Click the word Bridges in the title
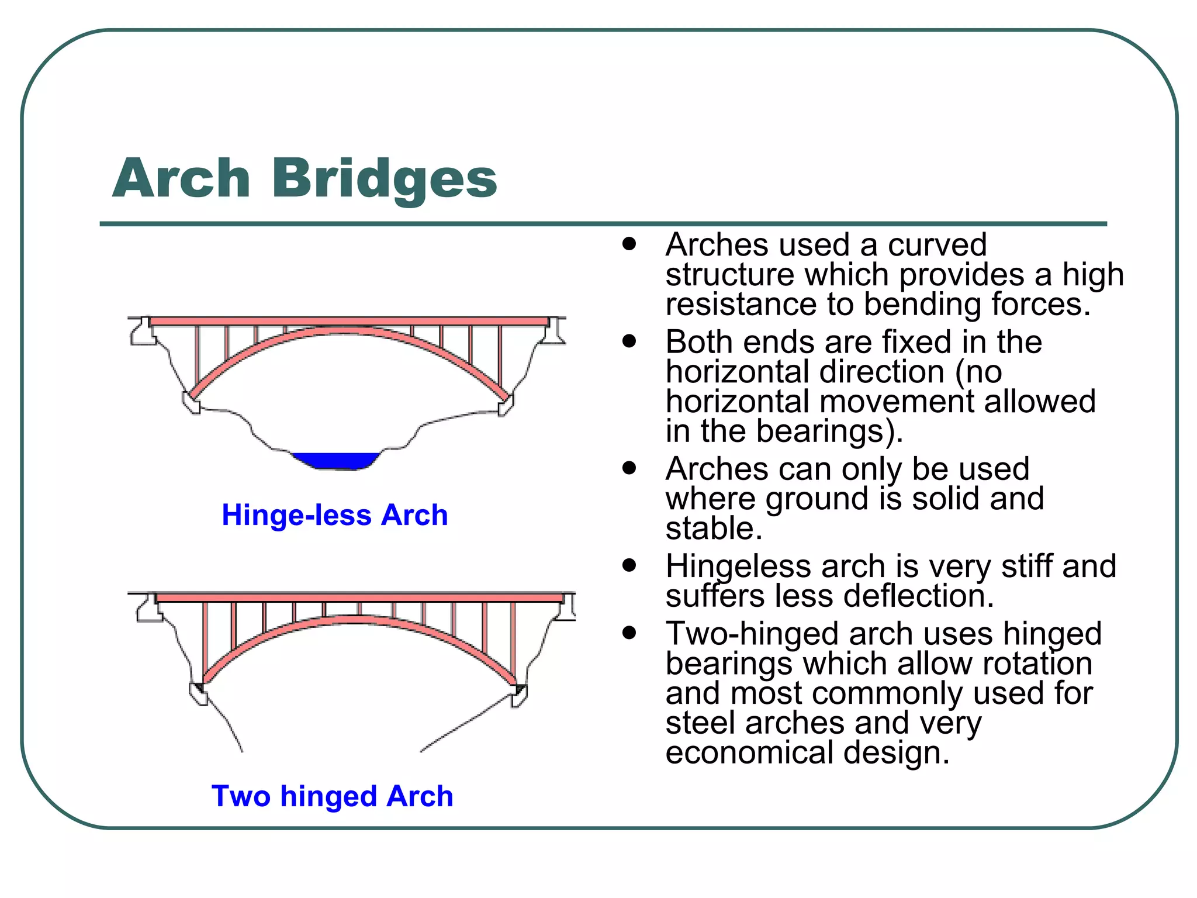coord(384,178)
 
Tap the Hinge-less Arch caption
coord(334,515)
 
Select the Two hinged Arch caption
coord(332,796)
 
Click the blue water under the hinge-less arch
coord(335,460)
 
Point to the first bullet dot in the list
coord(629,244)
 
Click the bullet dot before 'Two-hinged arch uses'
coord(629,633)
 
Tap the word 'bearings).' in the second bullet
coord(829,431)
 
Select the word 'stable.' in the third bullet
coord(714,529)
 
